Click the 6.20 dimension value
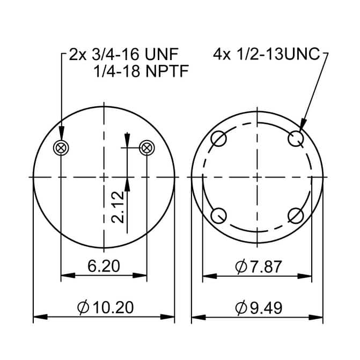[104, 265]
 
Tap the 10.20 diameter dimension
[106, 307]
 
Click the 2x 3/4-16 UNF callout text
[123, 55]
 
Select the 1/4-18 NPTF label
[141, 70]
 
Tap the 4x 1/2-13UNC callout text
[267, 55]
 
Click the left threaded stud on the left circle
[62, 147]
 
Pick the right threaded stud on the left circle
[146, 146]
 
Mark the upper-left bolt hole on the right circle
[218, 139]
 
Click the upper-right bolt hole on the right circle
[296, 139]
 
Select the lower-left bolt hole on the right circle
[218, 216]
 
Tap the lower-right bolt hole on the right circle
[296, 216]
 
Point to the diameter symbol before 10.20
[83, 308]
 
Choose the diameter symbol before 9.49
[241, 308]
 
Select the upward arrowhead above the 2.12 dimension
[127, 184]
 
